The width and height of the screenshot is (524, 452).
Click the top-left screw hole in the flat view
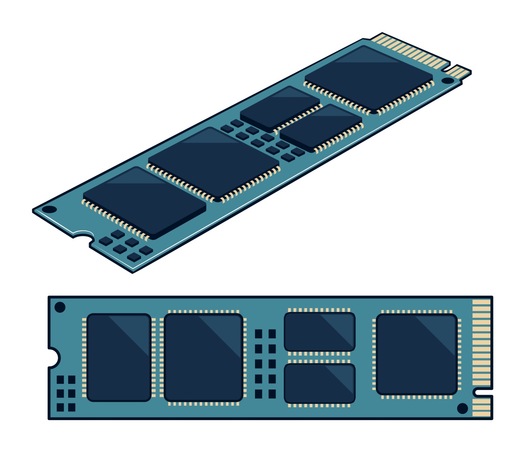(x=60, y=307)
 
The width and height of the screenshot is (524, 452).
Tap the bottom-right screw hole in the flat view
(x=462, y=409)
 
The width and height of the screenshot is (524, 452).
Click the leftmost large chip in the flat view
(x=119, y=357)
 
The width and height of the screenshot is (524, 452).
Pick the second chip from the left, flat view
(x=203, y=357)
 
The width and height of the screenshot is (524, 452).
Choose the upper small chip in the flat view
(x=319, y=332)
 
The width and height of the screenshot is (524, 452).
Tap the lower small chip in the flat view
(x=319, y=383)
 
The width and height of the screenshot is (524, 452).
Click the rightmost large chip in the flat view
(x=417, y=354)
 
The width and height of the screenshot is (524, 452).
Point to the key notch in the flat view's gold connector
(x=482, y=392)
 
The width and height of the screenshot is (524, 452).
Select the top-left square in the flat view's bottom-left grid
(x=60, y=379)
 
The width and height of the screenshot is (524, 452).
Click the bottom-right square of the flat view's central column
(x=272, y=394)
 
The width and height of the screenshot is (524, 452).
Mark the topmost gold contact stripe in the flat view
(x=482, y=302)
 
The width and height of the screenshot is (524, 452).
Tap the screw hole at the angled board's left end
(x=49, y=209)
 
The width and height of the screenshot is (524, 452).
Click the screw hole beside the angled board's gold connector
(x=448, y=81)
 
